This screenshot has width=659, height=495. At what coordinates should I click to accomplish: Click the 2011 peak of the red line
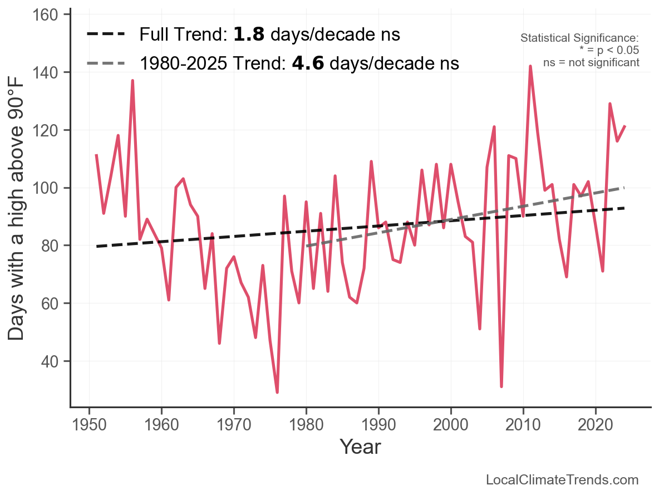pyautogui.click(x=530, y=66)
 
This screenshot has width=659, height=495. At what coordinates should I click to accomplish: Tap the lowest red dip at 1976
pyautogui.click(x=277, y=392)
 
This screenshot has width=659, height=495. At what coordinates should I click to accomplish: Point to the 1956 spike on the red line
pyautogui.click(x=132, y=81)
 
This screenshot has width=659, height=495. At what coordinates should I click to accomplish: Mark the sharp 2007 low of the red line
pyautogui.click(x=501, y=386)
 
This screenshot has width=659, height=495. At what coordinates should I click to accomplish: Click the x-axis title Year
pyautogui.click(x=360, y=447)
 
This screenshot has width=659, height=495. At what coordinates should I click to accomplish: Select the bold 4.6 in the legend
pyautogui.click(x=308, y=63)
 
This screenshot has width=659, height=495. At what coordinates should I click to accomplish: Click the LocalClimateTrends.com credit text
pyautogui.click(x=562, y=480)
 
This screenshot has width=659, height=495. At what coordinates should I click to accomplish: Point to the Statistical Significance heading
pyautogui.click(x=579, y=38)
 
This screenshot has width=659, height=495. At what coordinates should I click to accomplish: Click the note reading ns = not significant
pyautogui.click(x=591, y=62)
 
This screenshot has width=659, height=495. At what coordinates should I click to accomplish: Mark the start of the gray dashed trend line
pyautogui.click(x=307, y=246)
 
